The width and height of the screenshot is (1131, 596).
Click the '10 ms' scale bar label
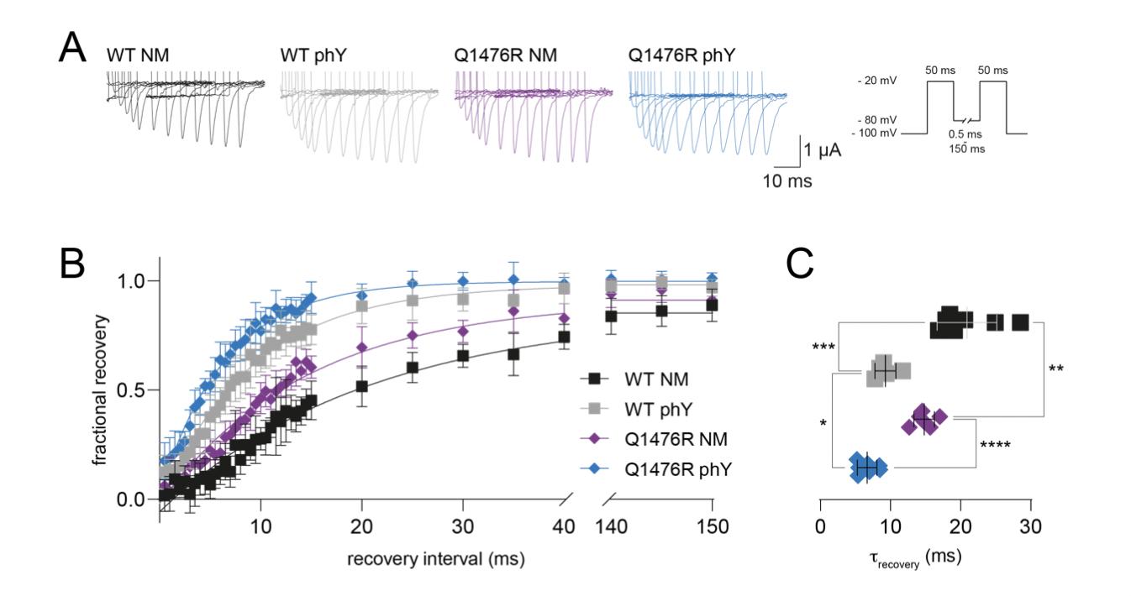787,180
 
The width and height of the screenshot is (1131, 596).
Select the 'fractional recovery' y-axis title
100,390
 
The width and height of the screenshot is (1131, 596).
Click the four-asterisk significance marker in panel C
993,444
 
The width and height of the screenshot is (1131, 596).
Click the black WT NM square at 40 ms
564,337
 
